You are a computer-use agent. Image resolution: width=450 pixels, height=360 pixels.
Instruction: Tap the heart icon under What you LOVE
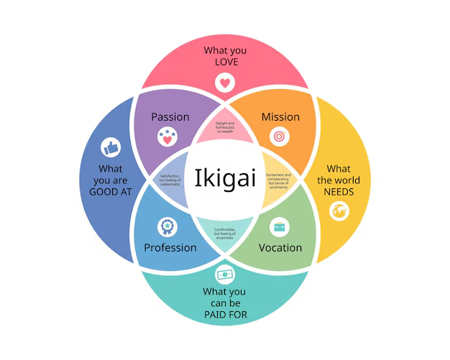click(225, 83)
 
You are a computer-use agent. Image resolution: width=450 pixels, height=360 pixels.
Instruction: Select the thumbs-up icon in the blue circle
click(110, 148)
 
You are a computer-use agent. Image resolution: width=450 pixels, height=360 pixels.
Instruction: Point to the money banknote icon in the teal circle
click(224, 274)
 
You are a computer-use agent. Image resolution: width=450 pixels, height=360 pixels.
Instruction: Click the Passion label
click(170, 116)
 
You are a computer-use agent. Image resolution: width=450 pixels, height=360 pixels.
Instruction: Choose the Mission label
click(280, 116)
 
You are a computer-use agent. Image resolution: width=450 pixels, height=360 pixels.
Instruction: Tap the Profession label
click(170, 248)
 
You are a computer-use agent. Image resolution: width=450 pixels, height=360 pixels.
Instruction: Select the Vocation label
click(280, 248)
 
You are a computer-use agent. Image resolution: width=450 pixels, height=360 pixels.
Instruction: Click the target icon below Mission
click(279, 137)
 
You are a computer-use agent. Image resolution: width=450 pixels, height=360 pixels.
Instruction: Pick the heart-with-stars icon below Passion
click(167, 137)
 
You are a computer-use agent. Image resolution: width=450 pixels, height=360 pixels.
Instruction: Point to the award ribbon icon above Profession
click(167, 227)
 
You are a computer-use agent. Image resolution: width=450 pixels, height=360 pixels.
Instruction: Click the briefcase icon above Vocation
click(280, 228)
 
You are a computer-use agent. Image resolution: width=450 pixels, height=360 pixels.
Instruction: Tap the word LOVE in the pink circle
click(225, 63)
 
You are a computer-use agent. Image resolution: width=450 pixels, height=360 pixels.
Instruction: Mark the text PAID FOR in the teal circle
click(224, 314)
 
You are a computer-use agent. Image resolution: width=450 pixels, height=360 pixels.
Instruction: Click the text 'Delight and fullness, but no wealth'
click(225, 128)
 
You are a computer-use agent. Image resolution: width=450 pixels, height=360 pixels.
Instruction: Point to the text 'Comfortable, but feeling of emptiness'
click(225, 234)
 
